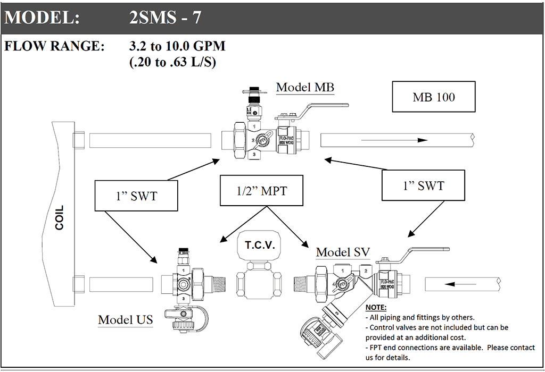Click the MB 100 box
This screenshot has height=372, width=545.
pos(434,97)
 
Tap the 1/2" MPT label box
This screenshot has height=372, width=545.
pos(261,190)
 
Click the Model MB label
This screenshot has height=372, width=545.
pos(305,87)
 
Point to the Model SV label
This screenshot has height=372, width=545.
pos(343,252)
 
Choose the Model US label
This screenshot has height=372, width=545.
pos(125,319)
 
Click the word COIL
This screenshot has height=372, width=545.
pos(59,217)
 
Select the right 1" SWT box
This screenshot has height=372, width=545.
pos(423,185)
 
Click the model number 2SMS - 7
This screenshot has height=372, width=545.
pos(165,18)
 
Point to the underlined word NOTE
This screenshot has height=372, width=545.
pos(376,308)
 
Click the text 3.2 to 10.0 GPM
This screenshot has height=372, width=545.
pos(177,46)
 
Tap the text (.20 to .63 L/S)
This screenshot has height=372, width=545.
pos(172,62)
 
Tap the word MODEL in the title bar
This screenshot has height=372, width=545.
pos(42,18)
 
